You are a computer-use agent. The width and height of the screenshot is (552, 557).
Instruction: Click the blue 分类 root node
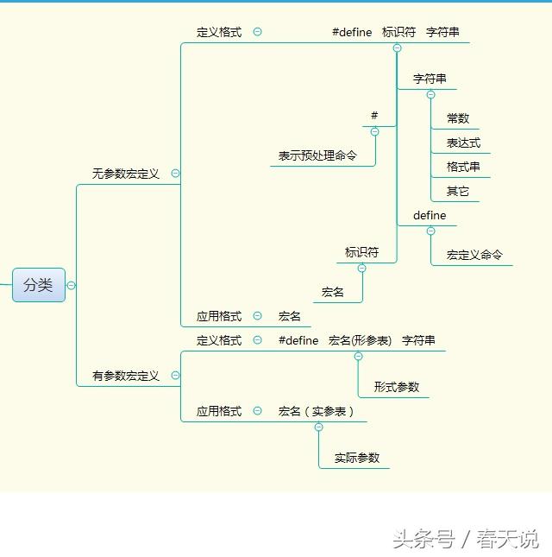click(39, 285)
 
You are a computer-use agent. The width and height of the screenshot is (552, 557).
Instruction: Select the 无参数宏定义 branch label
click(126, 174)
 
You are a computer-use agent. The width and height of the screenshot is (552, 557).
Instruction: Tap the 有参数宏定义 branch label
click(126, 376)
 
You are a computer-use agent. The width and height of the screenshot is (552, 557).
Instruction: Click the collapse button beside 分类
click(71, 285)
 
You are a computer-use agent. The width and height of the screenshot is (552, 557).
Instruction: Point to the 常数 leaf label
click(458, 118)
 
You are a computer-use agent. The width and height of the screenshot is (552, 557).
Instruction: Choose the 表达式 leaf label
click(463, 142)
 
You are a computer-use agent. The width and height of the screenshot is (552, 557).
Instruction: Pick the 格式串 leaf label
click(463, 167)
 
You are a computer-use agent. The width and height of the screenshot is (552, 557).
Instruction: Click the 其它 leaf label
click(458, 191)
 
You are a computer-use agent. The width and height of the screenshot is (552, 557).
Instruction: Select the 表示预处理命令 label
click(317, 155)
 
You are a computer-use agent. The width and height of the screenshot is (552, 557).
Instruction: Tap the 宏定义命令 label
click(474, 255)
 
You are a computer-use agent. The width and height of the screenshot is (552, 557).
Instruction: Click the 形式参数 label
click(397, 387)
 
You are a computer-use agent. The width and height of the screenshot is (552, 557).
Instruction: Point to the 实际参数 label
click(357, 458)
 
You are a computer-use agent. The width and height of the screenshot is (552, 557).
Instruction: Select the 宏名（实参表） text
click(317, 411)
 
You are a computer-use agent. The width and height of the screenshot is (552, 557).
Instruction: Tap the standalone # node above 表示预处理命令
click(374, 116)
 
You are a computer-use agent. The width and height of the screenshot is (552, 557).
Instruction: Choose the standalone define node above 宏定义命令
click(430, 215)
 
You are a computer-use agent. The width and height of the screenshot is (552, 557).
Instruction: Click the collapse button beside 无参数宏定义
click(176, 174)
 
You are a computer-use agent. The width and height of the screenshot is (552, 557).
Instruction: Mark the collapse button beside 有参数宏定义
click(176, 376)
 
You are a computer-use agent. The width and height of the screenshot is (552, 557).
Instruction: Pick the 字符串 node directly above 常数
click(430, 79)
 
